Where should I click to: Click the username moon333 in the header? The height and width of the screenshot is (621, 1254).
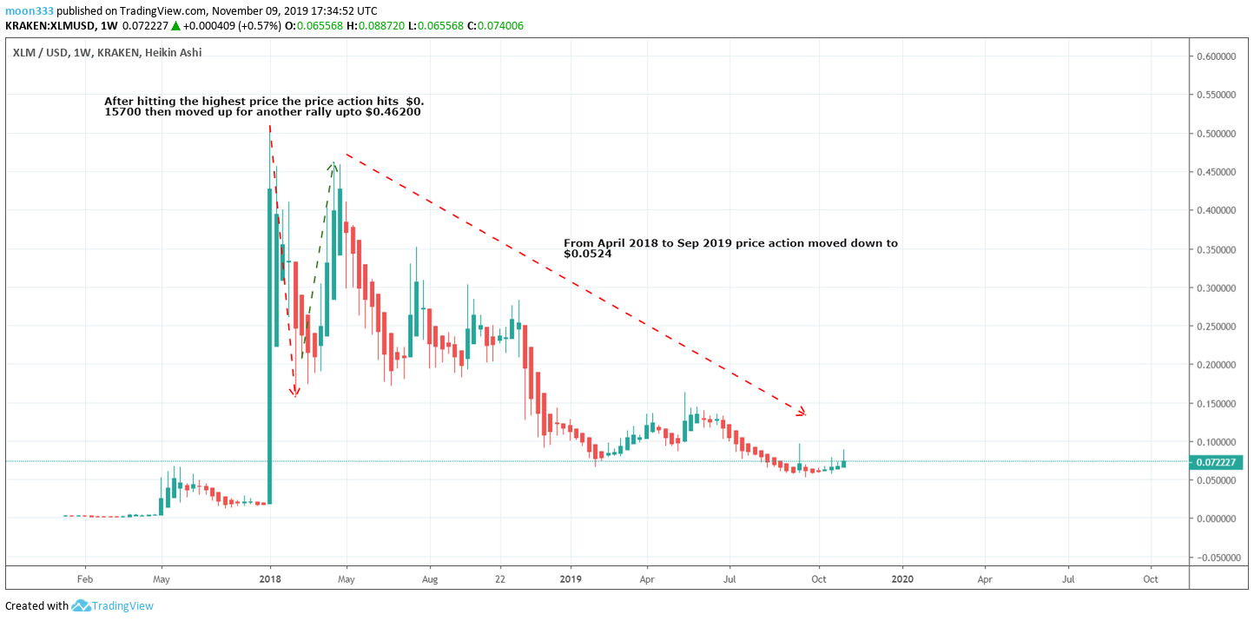(x=30, y=10)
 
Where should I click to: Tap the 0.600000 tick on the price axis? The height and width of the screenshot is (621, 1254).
(x=1216, y=56)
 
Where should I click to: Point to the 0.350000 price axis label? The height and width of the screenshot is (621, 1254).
(x=1216, y=250)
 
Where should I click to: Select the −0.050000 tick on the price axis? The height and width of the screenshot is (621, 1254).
(x=1214, y=558)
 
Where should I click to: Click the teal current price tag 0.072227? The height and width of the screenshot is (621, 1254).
(x=1216, y=463)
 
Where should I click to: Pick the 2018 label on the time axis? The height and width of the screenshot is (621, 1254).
(x=270, y=579)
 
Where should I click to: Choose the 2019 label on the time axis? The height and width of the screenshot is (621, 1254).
(x=571, y=579)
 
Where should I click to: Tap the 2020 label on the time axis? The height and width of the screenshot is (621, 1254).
(x=902, y=579)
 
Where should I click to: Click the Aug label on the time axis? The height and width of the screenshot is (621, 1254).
(x=430, y=579)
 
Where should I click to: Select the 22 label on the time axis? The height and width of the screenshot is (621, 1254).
(x=500, y=579)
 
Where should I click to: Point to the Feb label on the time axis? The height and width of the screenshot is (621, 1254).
(x=85, y=579)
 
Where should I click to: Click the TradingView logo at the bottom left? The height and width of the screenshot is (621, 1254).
(x=81, y=605)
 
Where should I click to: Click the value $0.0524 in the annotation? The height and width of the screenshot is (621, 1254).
(x=588, y=254)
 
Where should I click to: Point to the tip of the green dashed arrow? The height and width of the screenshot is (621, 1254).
(x=333, y=163)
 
